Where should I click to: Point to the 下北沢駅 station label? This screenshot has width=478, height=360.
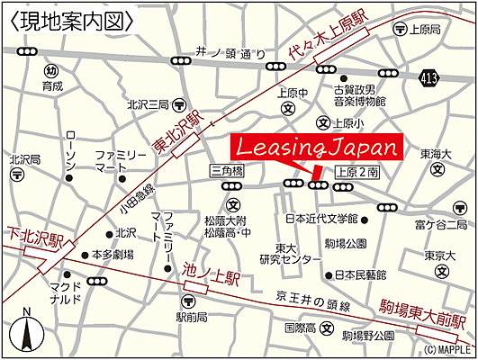[37, 238]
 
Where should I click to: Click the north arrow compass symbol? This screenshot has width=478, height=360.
[28, 330]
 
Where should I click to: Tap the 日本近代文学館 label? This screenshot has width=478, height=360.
[320, 219]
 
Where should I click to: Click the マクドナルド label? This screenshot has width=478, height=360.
[68, 297]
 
